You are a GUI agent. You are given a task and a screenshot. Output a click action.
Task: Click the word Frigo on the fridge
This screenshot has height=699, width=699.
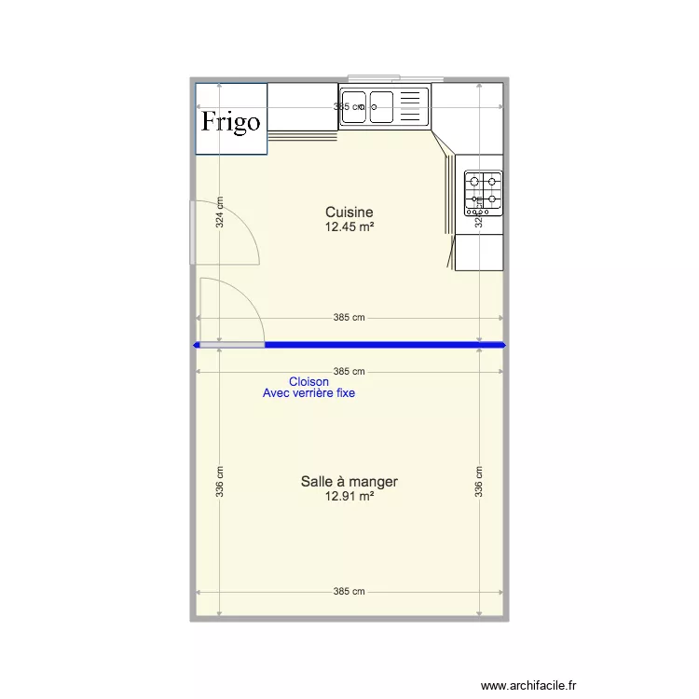pos(231,121)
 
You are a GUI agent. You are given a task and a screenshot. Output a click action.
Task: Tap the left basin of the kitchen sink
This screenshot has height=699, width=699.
pos(354,105)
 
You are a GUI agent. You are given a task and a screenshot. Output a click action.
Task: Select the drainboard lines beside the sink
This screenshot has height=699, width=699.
pos(411,105)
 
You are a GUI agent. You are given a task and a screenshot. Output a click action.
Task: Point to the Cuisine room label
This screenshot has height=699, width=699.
pos(349,212)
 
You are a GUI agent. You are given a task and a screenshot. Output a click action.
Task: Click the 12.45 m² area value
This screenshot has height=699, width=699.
pos(349,226)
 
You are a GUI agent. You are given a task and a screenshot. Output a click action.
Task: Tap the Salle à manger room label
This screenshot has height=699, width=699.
pos(349,482)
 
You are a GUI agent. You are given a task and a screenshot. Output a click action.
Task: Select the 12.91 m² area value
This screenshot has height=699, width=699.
pos(349,497)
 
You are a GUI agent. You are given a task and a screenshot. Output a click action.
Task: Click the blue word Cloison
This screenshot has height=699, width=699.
pos(308,382)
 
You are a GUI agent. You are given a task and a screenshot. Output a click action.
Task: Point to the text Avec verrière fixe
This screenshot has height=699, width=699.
pos(308,393)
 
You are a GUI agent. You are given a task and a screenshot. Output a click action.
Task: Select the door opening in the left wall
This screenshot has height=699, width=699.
pos(193,232)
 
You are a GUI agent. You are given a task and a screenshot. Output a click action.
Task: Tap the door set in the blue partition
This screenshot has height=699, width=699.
pos(232,345)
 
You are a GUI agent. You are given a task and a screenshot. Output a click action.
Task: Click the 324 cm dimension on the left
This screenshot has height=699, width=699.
pos(220,212)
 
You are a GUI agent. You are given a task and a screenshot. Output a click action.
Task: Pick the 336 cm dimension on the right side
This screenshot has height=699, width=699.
pos(478,482)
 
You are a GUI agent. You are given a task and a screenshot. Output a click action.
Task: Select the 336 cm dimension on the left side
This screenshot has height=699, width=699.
pos(220,482)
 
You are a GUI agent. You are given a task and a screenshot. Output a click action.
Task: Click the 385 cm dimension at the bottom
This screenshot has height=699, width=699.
pos(349,592)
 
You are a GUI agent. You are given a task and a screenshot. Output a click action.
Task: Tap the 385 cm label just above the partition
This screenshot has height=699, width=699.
pos(349,318)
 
